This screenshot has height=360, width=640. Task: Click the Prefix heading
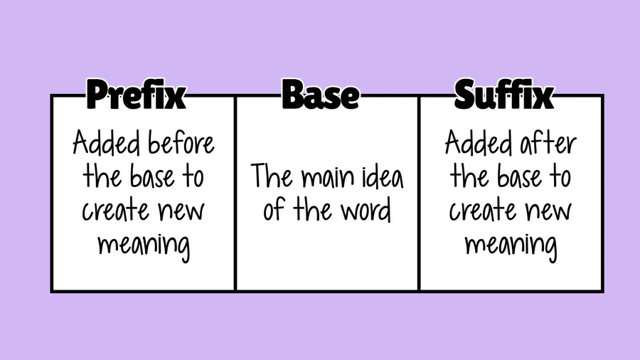136,95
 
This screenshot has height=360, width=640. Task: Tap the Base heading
321,95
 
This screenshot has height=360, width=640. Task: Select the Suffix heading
503,95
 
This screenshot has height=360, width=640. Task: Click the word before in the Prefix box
181,143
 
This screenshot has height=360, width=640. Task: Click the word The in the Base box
272,176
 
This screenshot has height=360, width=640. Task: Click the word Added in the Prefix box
106,142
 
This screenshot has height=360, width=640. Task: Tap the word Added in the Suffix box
479,142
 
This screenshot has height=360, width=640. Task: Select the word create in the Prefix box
116,211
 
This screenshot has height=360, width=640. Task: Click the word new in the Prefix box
181,212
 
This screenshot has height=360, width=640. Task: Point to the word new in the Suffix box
548,212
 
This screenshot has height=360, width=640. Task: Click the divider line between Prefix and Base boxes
235,194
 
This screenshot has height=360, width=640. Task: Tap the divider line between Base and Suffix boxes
419,194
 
